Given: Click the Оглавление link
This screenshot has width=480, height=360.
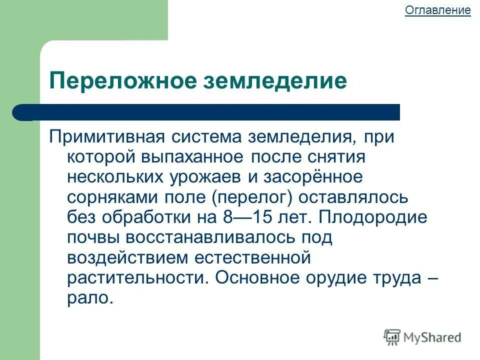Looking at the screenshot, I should click(x=437, y=10).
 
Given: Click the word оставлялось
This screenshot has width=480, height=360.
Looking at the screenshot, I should click(x=353, y=197).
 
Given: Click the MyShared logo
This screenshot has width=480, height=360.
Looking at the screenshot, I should click(x=422, y=337).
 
